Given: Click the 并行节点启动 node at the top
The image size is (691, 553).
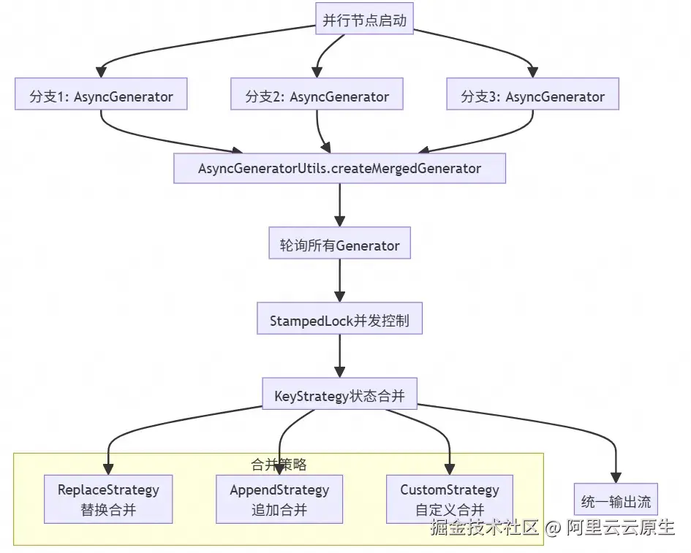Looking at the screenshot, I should coord(364,20).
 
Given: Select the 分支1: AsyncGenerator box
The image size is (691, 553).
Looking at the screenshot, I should coord(101,96).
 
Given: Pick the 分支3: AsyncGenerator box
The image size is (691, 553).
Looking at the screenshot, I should coord(532,96).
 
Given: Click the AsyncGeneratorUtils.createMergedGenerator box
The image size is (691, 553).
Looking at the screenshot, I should coord(339,168).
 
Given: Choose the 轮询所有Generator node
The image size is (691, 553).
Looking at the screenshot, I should coord(339,245).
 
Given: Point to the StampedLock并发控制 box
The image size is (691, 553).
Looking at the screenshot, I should coord(339,321).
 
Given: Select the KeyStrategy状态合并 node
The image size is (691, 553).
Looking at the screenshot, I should coord(339,397).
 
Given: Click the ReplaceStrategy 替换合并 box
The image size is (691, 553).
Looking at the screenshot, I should coord(108,499).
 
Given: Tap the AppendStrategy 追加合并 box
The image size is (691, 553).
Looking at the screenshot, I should coord(279,499).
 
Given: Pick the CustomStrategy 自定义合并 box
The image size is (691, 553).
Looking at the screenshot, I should coord(449,499).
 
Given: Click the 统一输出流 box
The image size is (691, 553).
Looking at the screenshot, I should coord(616,501).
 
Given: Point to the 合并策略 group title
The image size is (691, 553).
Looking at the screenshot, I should coord(279,464).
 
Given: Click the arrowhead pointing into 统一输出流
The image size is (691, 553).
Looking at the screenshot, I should coord(616,476).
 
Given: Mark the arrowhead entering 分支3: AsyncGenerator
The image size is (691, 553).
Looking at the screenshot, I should coord(532,72).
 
